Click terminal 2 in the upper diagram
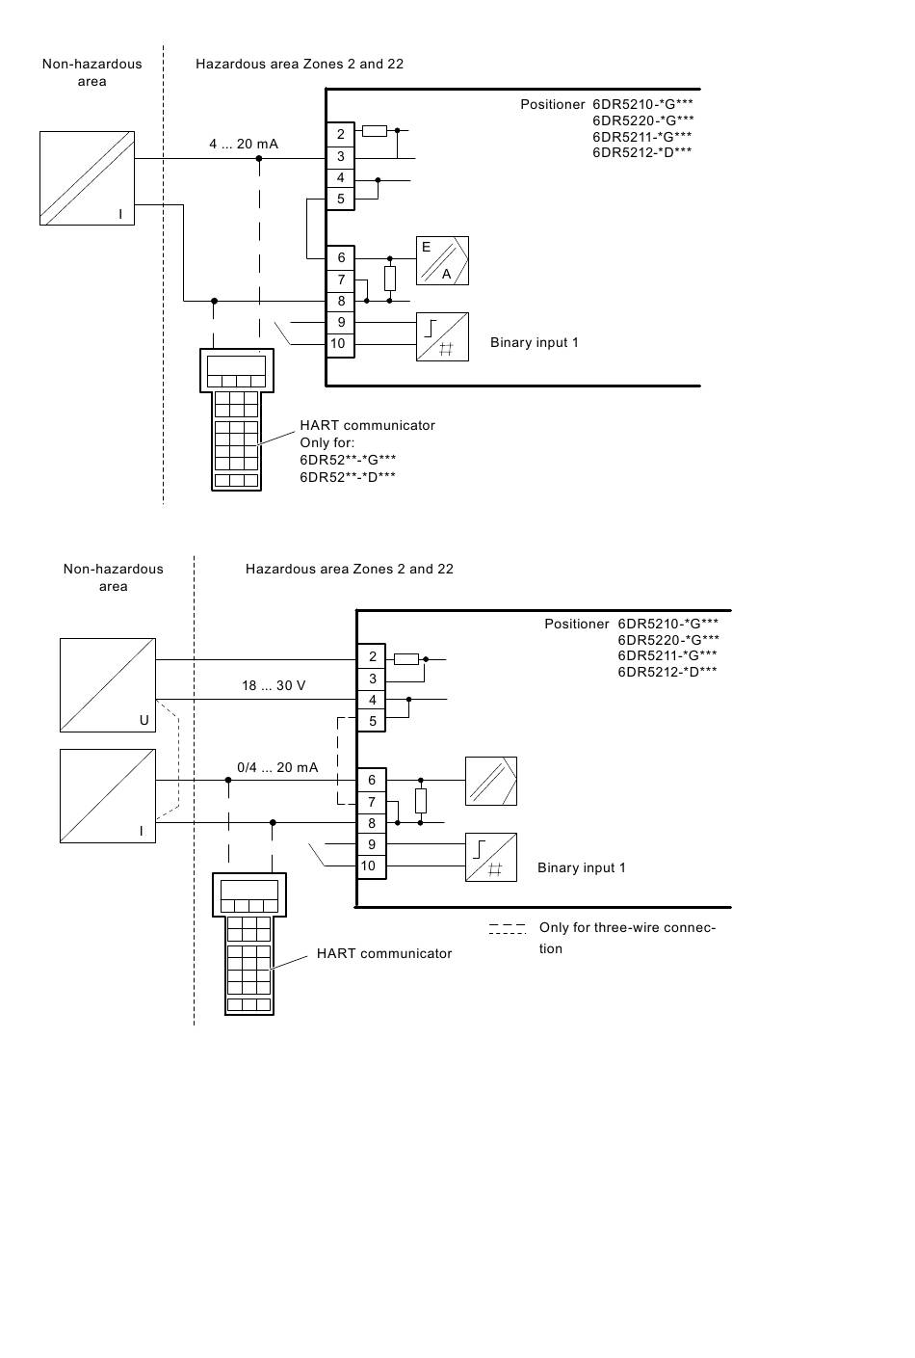[341, 134]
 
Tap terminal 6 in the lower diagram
[372, 781]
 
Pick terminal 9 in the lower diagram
[372, 844]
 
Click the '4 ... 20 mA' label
[244, 144]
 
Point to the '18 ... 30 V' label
[274, 685]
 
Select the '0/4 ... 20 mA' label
[277, 767]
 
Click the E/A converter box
[442, 260]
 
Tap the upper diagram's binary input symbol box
[442, 337]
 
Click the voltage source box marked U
[108, 685]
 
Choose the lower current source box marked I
[108, 796]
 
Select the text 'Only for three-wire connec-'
[628, 927]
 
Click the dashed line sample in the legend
[508, 929]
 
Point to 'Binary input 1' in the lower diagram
[582, 867]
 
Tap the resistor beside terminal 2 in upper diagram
[375, 130]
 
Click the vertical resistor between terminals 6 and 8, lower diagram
[421, 801]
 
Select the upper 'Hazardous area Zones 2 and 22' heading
[300, 64]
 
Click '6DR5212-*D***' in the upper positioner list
[642, 152]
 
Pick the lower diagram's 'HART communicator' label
[384, 953]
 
